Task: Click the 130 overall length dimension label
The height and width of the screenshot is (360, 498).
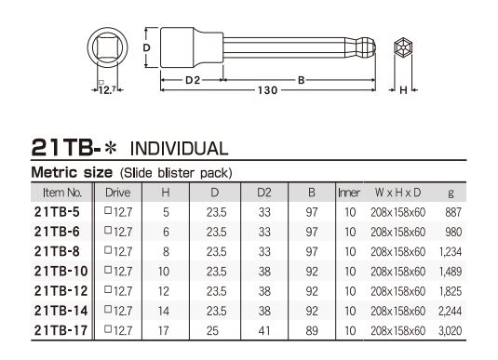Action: click(267, 90)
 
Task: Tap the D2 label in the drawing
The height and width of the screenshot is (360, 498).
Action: click(193, 80)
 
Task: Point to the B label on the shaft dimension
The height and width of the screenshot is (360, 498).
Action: click(301, 80)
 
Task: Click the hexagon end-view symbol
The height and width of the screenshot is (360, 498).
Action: click(403, 47)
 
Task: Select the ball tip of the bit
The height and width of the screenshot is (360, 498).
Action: click(368, 47)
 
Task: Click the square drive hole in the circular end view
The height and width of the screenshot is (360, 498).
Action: click(107, 47)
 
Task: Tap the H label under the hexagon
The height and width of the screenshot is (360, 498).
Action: click(403, 90)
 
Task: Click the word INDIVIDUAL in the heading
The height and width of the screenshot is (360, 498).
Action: click(180, 149)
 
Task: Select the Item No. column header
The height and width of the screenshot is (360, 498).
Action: click(62, 193)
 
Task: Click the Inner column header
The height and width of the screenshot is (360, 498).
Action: click(349, 193)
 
